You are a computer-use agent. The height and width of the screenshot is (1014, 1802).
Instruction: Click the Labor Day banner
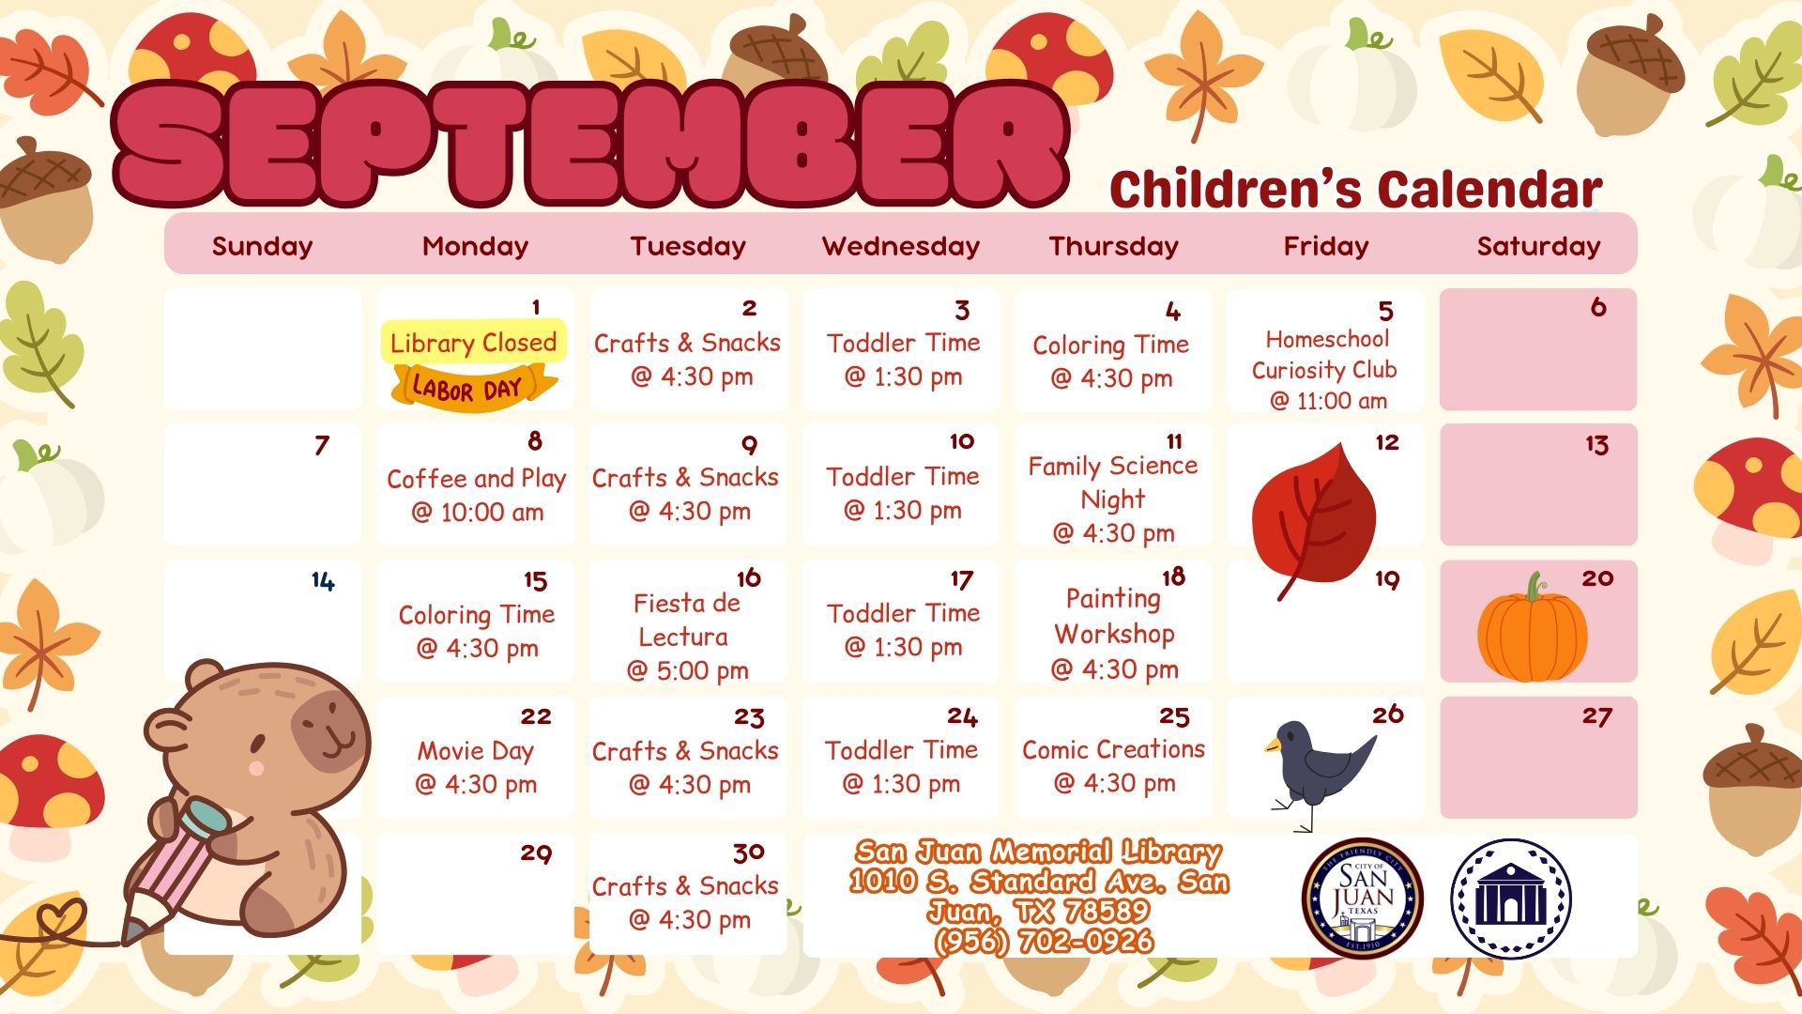point(474,386)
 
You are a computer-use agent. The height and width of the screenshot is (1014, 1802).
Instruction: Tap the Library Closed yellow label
point(474,343)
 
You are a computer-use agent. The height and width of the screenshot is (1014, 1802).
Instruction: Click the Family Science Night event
point(1113,499)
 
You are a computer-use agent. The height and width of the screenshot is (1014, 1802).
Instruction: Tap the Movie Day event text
point(476,767)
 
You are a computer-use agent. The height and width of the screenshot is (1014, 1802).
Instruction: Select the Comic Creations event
point(1114,766)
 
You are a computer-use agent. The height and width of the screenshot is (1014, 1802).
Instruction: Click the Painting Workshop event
point(1114,634)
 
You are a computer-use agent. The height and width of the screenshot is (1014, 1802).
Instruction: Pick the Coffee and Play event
point(477,495)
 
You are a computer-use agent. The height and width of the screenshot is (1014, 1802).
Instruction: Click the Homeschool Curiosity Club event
point(1325,370)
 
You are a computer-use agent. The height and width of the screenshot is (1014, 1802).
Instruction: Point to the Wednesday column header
point(901,246)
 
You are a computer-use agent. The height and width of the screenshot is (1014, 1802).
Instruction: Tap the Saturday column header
point(1538,246)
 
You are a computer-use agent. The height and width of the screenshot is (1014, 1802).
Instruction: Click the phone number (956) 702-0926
point(1044,941)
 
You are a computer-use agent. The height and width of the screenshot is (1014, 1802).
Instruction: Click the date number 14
point(323,582)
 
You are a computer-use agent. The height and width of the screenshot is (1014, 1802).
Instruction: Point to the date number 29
point(536,853)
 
